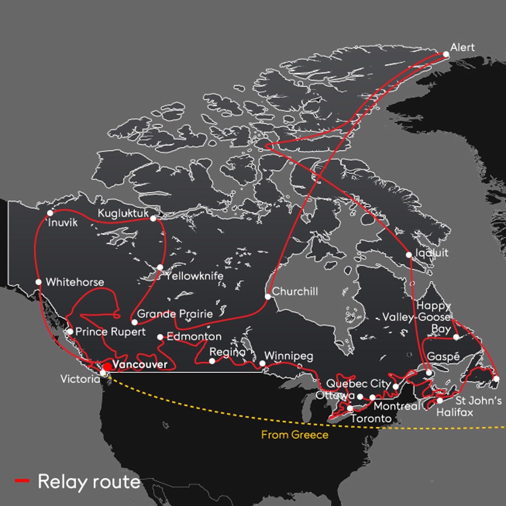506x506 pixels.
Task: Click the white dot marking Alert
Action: [x=446, y=54]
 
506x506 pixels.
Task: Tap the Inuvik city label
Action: [x=63, y=222]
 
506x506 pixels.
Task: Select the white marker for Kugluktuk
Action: [x=153, y=218]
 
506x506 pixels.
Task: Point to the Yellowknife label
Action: [x=194, y=276]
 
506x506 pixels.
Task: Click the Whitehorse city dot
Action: [x=39, y=282]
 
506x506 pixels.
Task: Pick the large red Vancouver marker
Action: [x=107, y=367]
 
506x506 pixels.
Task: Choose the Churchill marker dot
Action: [x=268, y=297]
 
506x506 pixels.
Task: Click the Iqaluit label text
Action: [x=432, y=253]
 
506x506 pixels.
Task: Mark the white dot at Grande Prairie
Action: [x=134, y=322]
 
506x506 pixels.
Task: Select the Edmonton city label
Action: [x=194, y=336]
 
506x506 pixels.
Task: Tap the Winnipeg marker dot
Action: [x=262, y=363]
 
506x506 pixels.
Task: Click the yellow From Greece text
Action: [x=295, y=434]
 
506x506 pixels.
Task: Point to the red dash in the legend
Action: [x=22, y=480]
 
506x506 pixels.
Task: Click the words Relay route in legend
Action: [x=89, y=481]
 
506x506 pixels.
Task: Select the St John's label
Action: [x=478, y=400]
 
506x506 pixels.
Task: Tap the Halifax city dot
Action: [x=439, y=400]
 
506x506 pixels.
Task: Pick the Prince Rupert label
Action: [x=110, y=331]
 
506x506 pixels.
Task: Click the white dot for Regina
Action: [x=212, y=361]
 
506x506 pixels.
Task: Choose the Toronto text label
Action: [x=371, y=419]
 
